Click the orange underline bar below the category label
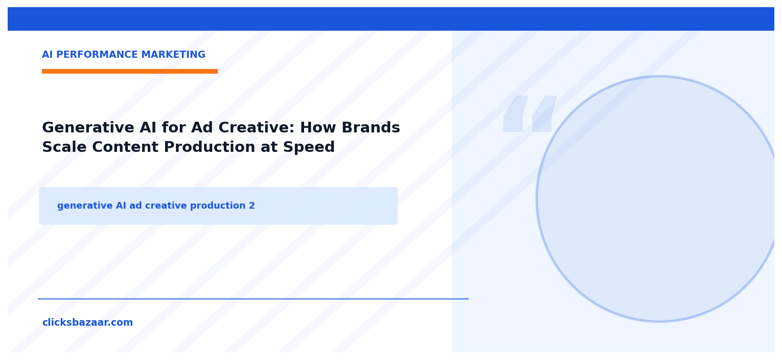[x=130, y=72]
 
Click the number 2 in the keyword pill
[x=251, y=206]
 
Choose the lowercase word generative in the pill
[x=85, y=206]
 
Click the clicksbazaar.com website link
[x=87, y=323]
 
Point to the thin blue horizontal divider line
[x=253, y=299]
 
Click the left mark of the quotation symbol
[x=515, y=114]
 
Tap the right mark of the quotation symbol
[x=544, y=114]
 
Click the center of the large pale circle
[x=659, y=199]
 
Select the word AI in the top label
[x=48, y=55]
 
